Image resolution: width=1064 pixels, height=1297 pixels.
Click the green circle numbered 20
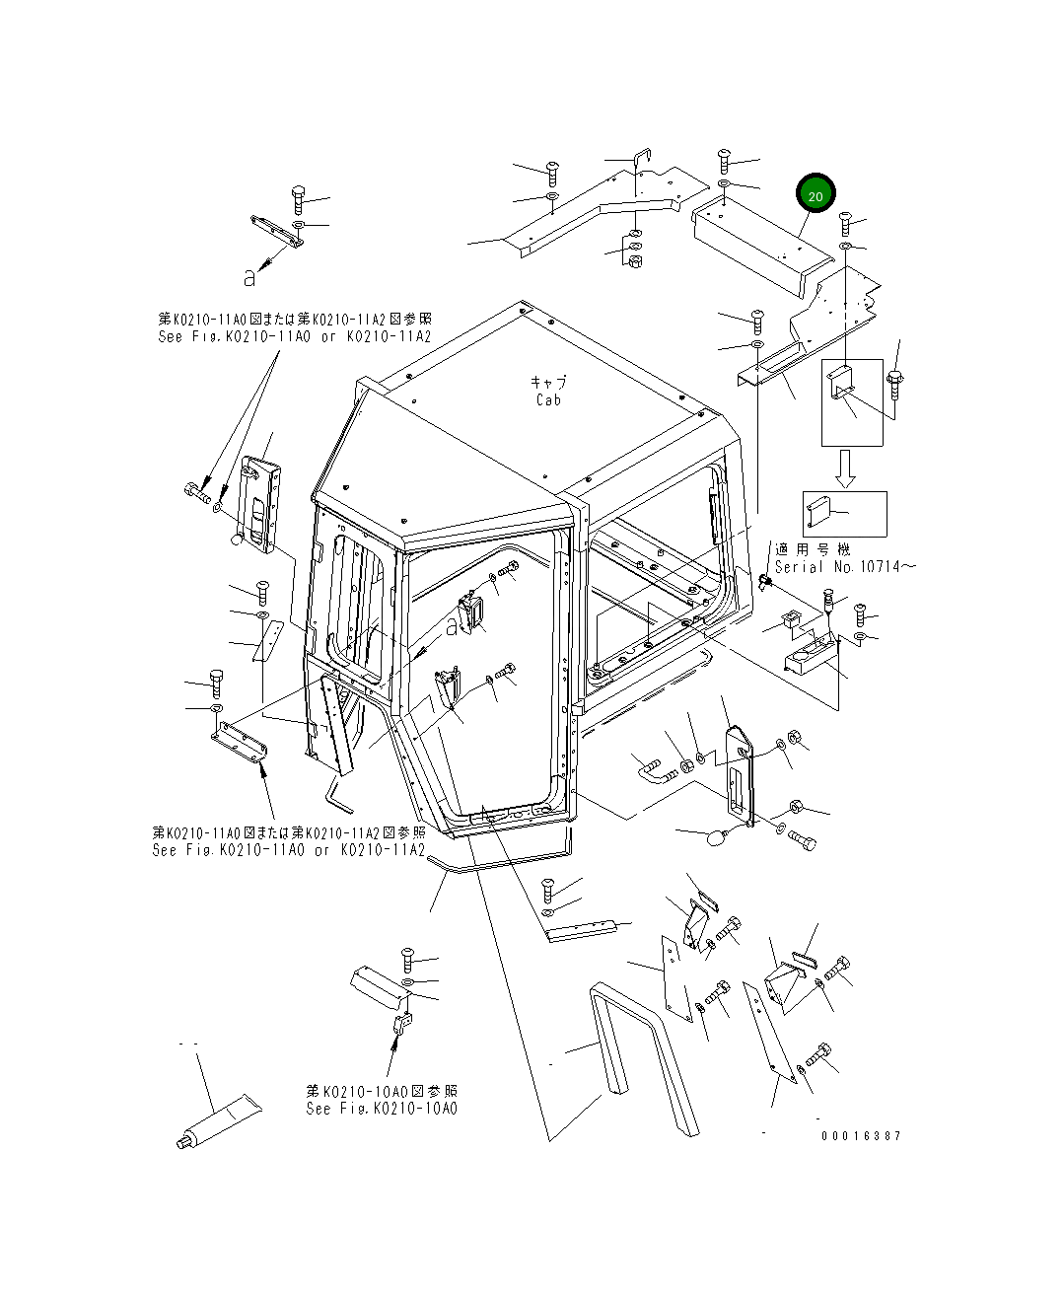coord(816,196)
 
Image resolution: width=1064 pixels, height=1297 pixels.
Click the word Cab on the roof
coord(548,399)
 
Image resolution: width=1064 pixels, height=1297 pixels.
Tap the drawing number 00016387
coord(861,1135)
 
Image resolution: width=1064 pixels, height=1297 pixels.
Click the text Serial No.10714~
coord(845,567)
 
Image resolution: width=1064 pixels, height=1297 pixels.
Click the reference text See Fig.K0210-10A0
coord(382,1109)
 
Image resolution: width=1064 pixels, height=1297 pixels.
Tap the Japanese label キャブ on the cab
coord(549,382)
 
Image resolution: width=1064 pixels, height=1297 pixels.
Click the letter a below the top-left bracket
coord(250,278)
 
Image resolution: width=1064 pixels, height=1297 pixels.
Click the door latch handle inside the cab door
coord(472,614)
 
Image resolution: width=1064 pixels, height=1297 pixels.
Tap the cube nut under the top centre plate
coord(635,261)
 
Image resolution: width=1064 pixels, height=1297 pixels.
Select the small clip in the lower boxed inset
coord(817,509)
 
